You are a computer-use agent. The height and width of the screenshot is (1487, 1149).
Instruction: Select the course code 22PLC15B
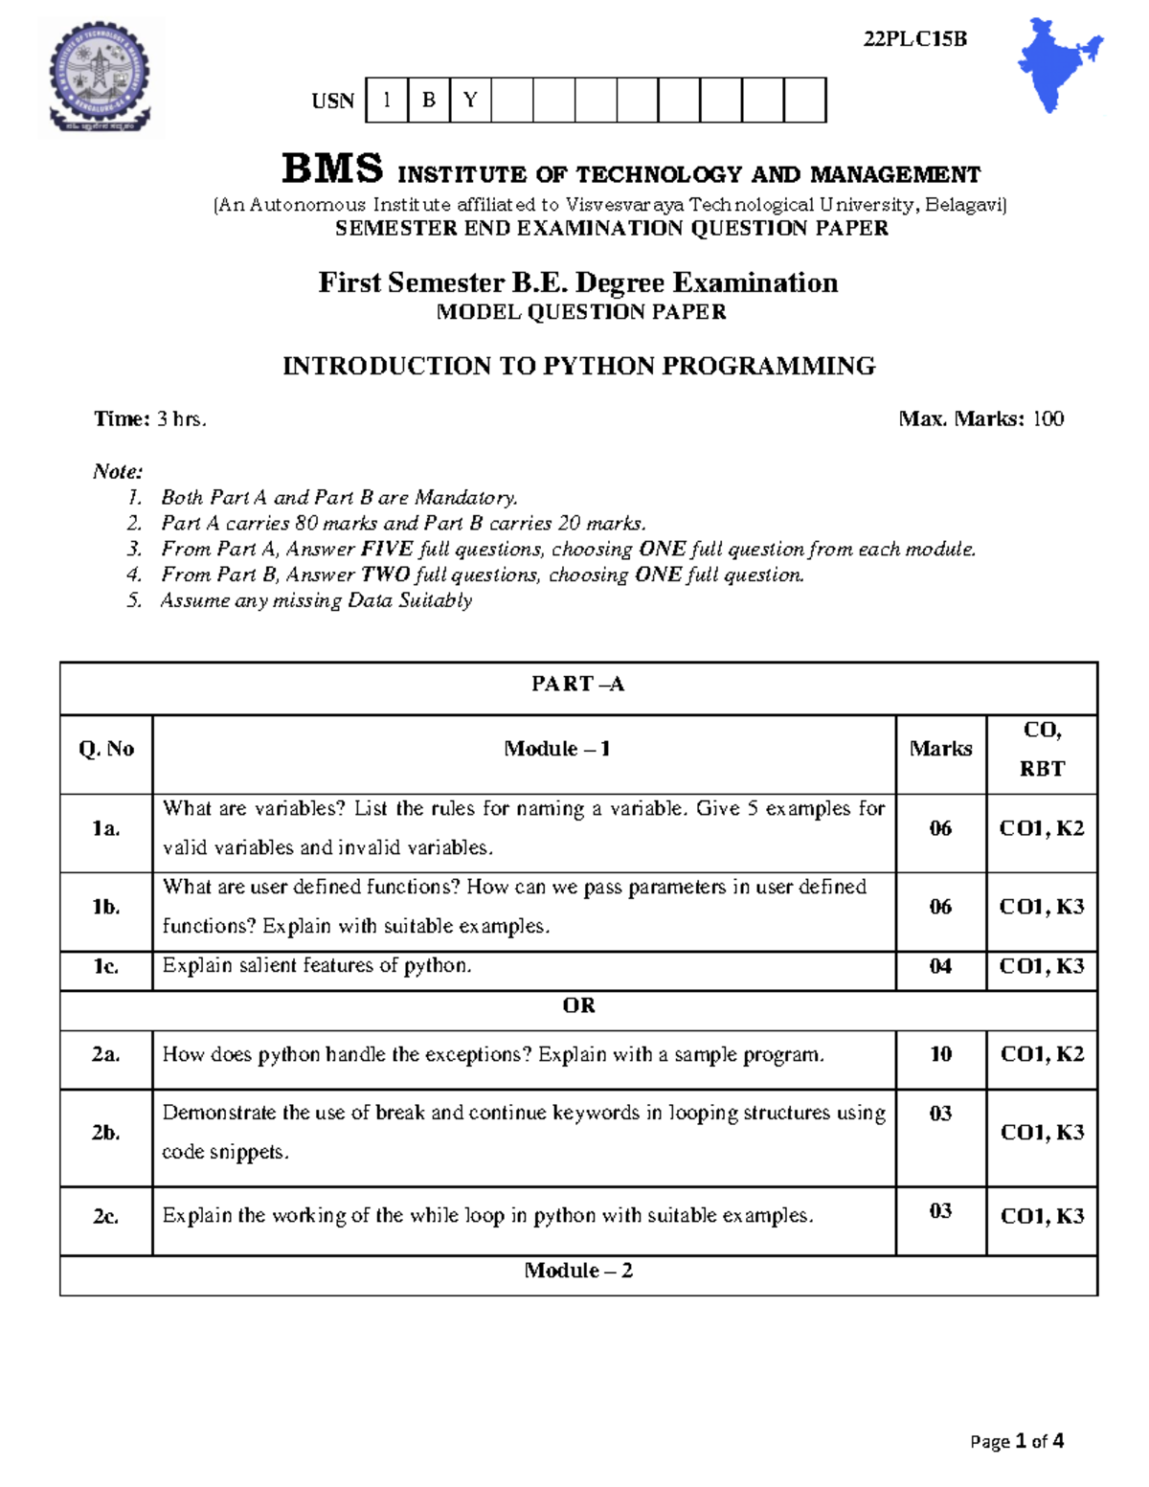[914, 39]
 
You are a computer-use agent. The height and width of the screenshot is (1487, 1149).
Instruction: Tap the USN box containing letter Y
[470, 101]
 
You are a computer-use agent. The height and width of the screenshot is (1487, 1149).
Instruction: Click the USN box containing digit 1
[387, 101]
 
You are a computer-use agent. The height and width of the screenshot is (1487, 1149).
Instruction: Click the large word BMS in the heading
[332, 169]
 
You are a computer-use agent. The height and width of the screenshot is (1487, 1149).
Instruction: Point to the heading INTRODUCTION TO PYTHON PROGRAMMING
[578, 366]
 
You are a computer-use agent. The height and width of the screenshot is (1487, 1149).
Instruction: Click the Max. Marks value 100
[1048, 418]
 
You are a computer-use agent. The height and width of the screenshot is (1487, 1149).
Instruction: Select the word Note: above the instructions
[118, 471]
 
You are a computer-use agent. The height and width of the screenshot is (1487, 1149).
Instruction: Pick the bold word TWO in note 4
[385, 575]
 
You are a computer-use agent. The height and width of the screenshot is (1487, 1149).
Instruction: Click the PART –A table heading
[577, 684]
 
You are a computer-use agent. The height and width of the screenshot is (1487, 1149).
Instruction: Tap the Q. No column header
[106, 749]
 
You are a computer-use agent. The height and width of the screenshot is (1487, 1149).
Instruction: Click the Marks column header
[940, 749]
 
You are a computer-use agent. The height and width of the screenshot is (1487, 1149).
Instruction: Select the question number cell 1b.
[106, 907]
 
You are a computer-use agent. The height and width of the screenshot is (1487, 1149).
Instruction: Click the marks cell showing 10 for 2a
[940, 1054]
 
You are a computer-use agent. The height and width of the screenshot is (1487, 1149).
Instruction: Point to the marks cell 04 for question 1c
[940, 966]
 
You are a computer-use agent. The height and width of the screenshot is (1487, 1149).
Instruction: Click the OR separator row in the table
[578, 1005]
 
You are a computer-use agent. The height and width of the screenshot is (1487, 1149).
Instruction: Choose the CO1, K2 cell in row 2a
[1042, 1054]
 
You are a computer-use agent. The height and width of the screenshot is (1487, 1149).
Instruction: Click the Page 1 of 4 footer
[1016, 1441]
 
